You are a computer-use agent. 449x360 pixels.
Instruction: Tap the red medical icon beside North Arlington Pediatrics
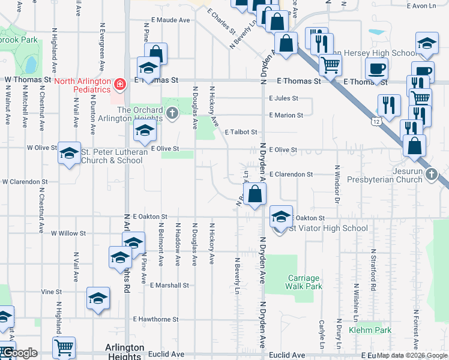click(x=120, y=84)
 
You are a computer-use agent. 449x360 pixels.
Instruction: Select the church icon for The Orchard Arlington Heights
click(x=172, y=113)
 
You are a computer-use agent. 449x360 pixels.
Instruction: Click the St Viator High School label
click(x=328, y=229)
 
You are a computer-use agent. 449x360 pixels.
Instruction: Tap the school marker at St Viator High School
click(x=281, y=217)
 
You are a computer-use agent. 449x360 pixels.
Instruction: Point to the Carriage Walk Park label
click(x=304, y=282)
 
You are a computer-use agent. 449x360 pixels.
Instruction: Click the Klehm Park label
click(x=374, y=330)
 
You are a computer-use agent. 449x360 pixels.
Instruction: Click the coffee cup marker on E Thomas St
click(x=376, y=68)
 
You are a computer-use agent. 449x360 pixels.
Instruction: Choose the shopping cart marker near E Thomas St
click(x=330, y=64)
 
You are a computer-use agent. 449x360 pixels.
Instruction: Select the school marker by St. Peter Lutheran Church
click(x=69, y=154)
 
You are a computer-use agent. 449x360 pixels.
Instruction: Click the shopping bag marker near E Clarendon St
click(x=255, y=194)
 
